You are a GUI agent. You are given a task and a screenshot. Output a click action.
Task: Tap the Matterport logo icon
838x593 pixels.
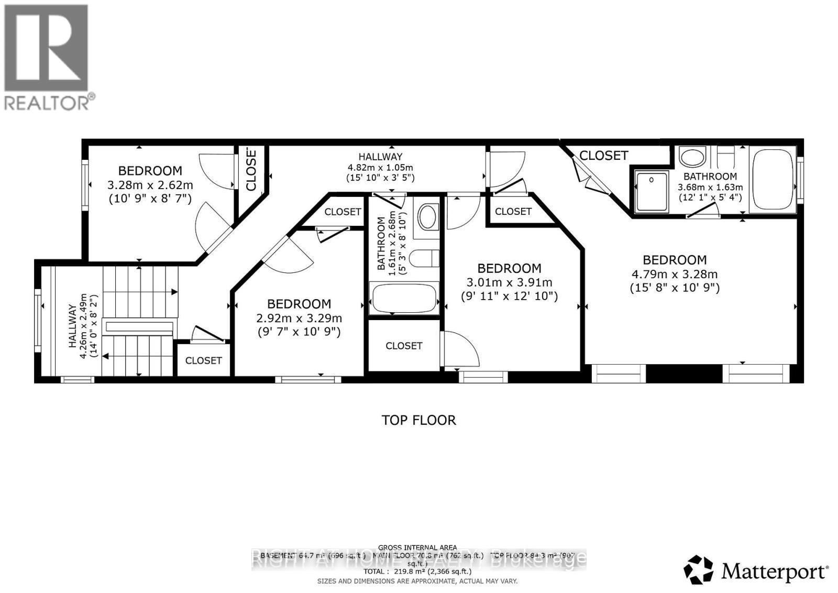pos(698,569)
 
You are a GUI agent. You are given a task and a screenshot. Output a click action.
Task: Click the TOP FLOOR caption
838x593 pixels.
pos(418,420)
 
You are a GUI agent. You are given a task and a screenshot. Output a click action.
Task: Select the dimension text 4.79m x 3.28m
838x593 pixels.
pos(675,274)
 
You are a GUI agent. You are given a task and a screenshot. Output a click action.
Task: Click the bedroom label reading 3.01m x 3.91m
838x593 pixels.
pos(509,282)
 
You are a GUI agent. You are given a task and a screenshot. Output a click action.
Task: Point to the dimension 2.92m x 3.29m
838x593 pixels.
pos(299,318)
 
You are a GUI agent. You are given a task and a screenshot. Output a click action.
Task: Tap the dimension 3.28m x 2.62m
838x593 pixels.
pos(150,185)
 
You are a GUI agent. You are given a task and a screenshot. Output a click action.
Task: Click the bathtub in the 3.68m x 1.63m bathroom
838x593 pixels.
pos(772,180)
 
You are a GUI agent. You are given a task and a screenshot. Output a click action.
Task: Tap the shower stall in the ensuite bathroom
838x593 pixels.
pos(652,192)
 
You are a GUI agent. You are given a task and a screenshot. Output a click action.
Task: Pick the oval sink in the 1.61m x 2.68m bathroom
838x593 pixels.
pos(428,216)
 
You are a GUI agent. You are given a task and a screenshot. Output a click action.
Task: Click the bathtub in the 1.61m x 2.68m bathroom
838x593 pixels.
pos(404,299)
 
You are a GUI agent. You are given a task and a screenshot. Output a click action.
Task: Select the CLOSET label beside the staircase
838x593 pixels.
pos(203,360)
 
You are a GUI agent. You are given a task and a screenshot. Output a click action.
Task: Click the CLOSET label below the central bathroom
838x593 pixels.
pos(404,346)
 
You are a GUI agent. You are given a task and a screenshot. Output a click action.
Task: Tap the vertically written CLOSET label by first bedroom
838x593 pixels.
pos(251,169)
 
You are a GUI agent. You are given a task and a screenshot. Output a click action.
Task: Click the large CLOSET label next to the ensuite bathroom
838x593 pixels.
pos(603,156)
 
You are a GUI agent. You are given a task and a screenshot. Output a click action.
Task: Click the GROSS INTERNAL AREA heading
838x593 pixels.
pos(417,547)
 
